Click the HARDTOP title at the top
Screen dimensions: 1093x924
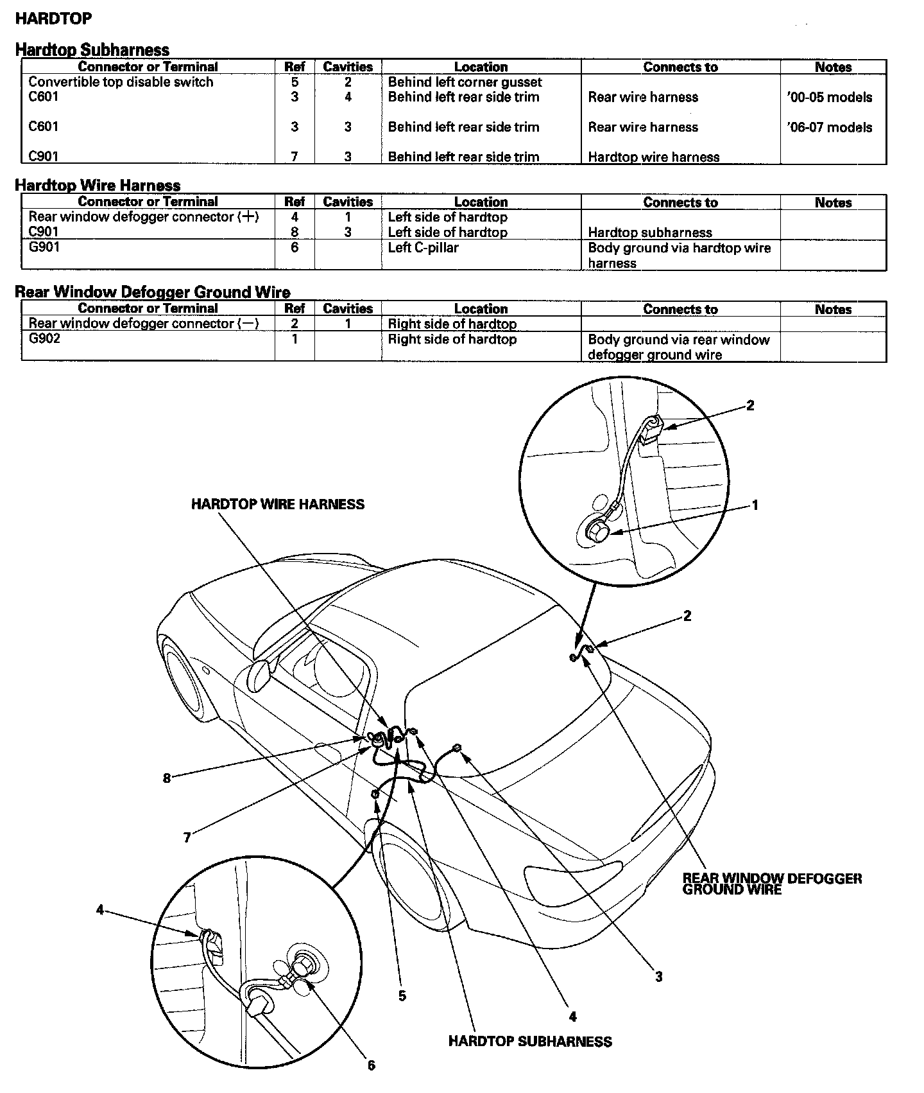tap(53, 19)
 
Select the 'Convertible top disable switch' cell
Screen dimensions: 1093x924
tap(121, 82)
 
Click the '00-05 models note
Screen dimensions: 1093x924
tap(829, 98)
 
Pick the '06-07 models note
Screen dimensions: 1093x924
tap(829, 127)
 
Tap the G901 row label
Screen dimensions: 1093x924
tap(44, 247)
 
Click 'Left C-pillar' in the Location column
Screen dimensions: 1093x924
tap(423, 248)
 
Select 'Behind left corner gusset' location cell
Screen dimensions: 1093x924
tap(465, 82)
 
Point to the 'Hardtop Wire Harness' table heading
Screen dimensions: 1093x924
tap(98, 186)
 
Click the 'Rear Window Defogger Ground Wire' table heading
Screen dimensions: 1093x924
tap(152, 292)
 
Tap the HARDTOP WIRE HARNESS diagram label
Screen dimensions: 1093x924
tap(277, 505)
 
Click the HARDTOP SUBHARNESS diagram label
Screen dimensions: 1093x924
tap(530, 1042)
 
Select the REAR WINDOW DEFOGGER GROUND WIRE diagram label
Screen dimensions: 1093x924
tap(771, 884)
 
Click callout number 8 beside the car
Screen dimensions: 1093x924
tap(167, 778)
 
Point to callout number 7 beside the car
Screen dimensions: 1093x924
tap(187, 838)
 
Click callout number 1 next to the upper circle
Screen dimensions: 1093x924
tap(755, 505)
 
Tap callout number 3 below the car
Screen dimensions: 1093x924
tap(658, 977)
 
